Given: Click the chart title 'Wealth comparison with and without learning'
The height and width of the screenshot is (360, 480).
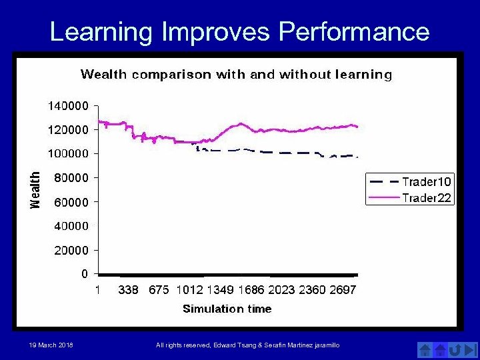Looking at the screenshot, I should click(236, 75).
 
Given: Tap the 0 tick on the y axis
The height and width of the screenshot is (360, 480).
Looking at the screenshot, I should click(85, 274).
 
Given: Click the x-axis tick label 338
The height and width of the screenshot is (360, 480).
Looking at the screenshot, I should click(129, 290).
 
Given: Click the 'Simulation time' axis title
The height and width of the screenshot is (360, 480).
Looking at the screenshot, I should click(227, 309).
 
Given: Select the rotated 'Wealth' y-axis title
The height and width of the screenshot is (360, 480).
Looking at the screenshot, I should click(35, 190).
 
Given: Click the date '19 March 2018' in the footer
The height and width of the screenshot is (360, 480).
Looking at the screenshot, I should click(51, 345).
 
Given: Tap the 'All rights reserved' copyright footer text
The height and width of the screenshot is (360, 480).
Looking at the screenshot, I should click(247, 345).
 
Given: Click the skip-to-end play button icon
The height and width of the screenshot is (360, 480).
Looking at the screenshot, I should click(471, 349).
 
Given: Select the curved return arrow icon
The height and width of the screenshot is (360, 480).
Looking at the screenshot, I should click(455, 349).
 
